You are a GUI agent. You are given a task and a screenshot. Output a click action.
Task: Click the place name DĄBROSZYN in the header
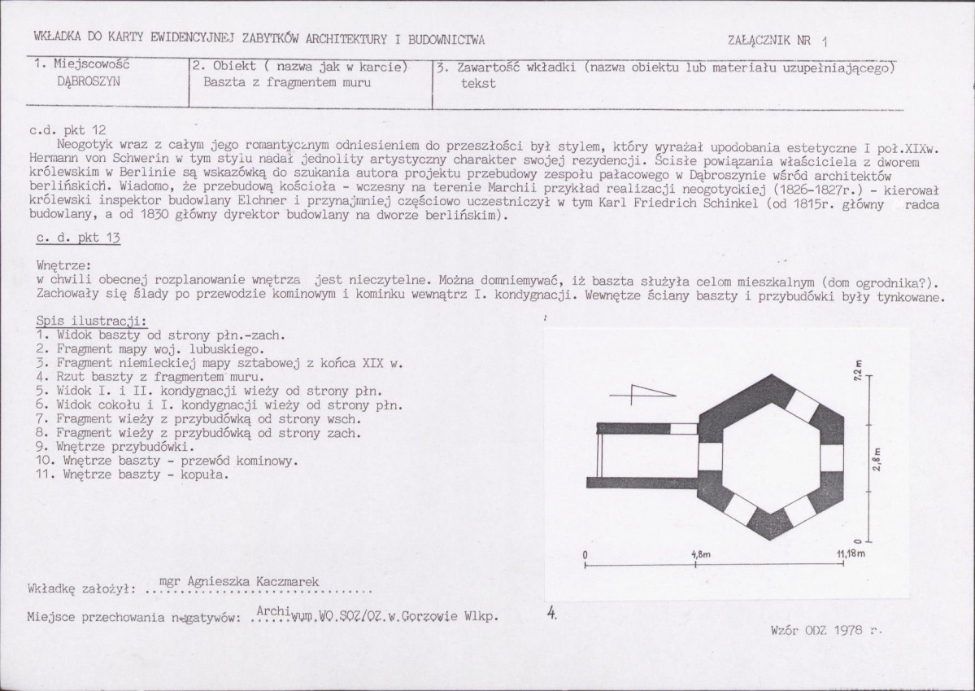point(89,81)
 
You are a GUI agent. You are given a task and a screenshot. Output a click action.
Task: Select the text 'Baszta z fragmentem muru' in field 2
point(287,82)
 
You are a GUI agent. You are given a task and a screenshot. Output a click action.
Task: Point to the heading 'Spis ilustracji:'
point(92,321)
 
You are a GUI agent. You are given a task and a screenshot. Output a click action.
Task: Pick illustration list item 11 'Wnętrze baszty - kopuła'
point(133,475)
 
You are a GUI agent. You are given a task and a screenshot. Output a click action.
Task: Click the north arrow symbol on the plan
point(642,393)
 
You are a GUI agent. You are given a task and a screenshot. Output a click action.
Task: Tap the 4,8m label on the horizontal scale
point(701,554)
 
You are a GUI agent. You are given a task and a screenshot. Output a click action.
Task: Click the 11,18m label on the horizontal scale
point(851,553)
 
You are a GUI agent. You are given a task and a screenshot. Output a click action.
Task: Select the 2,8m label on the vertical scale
point(877,459)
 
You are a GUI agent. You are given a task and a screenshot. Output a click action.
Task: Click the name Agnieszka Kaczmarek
point(252,581)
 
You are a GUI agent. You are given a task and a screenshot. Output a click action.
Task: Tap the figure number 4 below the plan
point(551,613)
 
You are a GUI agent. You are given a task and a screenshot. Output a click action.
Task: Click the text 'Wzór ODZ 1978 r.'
point(826,630)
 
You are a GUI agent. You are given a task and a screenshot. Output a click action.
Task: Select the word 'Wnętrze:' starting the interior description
point(63,266)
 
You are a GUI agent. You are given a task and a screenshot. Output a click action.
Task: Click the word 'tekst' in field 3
point(478,83)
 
